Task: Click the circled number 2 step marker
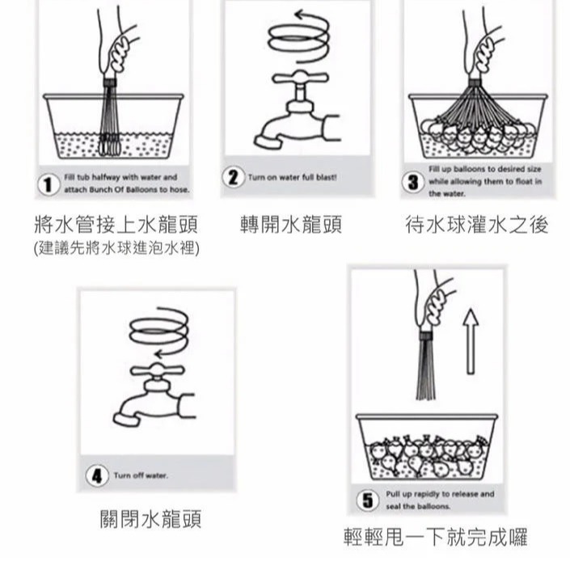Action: [x=235, y=177]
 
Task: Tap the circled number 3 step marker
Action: [x=415, y=182]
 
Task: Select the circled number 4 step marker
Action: [x=98, y=475]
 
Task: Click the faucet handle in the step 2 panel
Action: [x=298, y=78]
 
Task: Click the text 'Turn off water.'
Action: [x=141, y=475]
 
